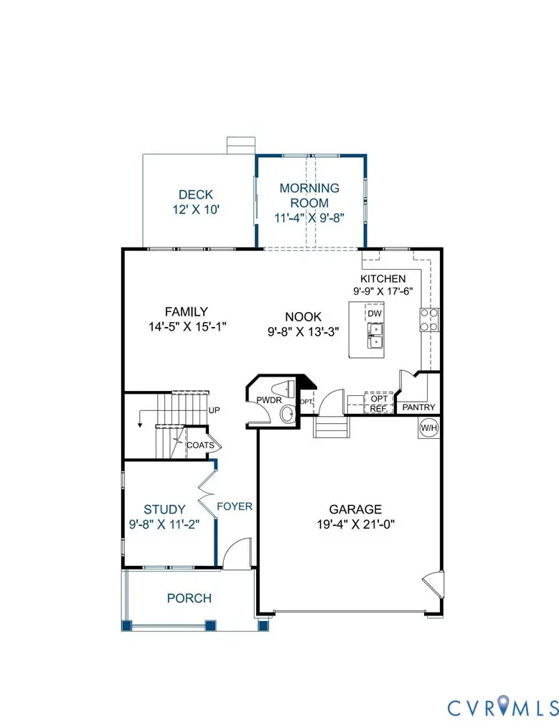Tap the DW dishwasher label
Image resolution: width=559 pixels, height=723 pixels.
click(375, 313)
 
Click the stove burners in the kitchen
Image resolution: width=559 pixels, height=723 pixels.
click(429, 319)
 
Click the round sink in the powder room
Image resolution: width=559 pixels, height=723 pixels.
click(287, 414)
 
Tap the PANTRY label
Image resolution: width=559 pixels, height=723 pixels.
click(419, 407)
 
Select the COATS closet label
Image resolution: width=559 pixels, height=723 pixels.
click(200, 445)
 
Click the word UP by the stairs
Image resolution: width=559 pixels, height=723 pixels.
click(213, 410)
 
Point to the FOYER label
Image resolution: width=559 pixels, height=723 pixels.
click(235, 506)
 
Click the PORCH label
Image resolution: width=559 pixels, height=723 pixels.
click(189, 598)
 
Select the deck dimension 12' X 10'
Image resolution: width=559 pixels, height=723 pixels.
click(196, 209)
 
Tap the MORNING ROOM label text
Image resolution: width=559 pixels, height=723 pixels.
click(309, 195)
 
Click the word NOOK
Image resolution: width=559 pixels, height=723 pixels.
click(304, 316)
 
